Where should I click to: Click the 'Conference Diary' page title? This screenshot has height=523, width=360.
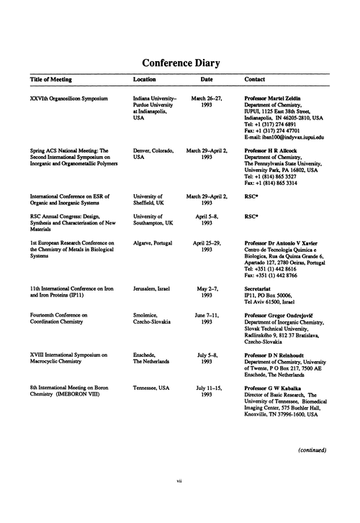point(180,63)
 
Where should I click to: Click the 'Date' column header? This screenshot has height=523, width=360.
point(207,79)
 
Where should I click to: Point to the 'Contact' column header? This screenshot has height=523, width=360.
point(255,79)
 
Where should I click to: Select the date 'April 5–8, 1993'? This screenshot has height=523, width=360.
point(207,219)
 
